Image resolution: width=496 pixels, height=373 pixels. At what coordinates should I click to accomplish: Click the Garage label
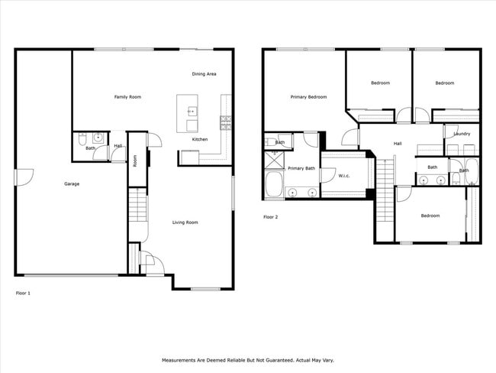[72, 183]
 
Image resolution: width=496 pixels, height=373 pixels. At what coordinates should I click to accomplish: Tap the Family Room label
[127, 97]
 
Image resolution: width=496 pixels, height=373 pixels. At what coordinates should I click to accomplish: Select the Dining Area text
[204, 74]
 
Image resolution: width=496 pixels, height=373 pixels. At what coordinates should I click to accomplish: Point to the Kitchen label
[200, 140]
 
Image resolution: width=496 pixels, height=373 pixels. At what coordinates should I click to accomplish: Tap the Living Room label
[185, 222]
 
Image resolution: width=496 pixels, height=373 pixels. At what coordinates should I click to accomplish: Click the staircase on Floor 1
[137, 206]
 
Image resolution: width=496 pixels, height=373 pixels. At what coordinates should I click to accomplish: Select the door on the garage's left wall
[22, 177]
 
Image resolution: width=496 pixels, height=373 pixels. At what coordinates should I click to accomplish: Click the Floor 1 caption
[24, 293]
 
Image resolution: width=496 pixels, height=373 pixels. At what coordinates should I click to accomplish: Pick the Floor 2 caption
[271, 217]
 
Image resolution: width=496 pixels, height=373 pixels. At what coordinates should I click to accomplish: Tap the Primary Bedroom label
[308, 97]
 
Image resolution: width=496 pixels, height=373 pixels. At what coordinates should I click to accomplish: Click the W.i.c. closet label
[344, 177]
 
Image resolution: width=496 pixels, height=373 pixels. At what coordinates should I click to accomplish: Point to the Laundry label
[462, 134]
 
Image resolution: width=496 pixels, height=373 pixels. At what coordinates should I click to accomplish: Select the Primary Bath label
[301, 168]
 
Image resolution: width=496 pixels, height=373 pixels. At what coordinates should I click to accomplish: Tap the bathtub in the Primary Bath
[273, 186]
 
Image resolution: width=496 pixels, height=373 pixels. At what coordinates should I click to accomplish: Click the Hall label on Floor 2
[398, 144]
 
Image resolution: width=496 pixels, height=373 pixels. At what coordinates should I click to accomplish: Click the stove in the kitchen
[226, 121]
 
